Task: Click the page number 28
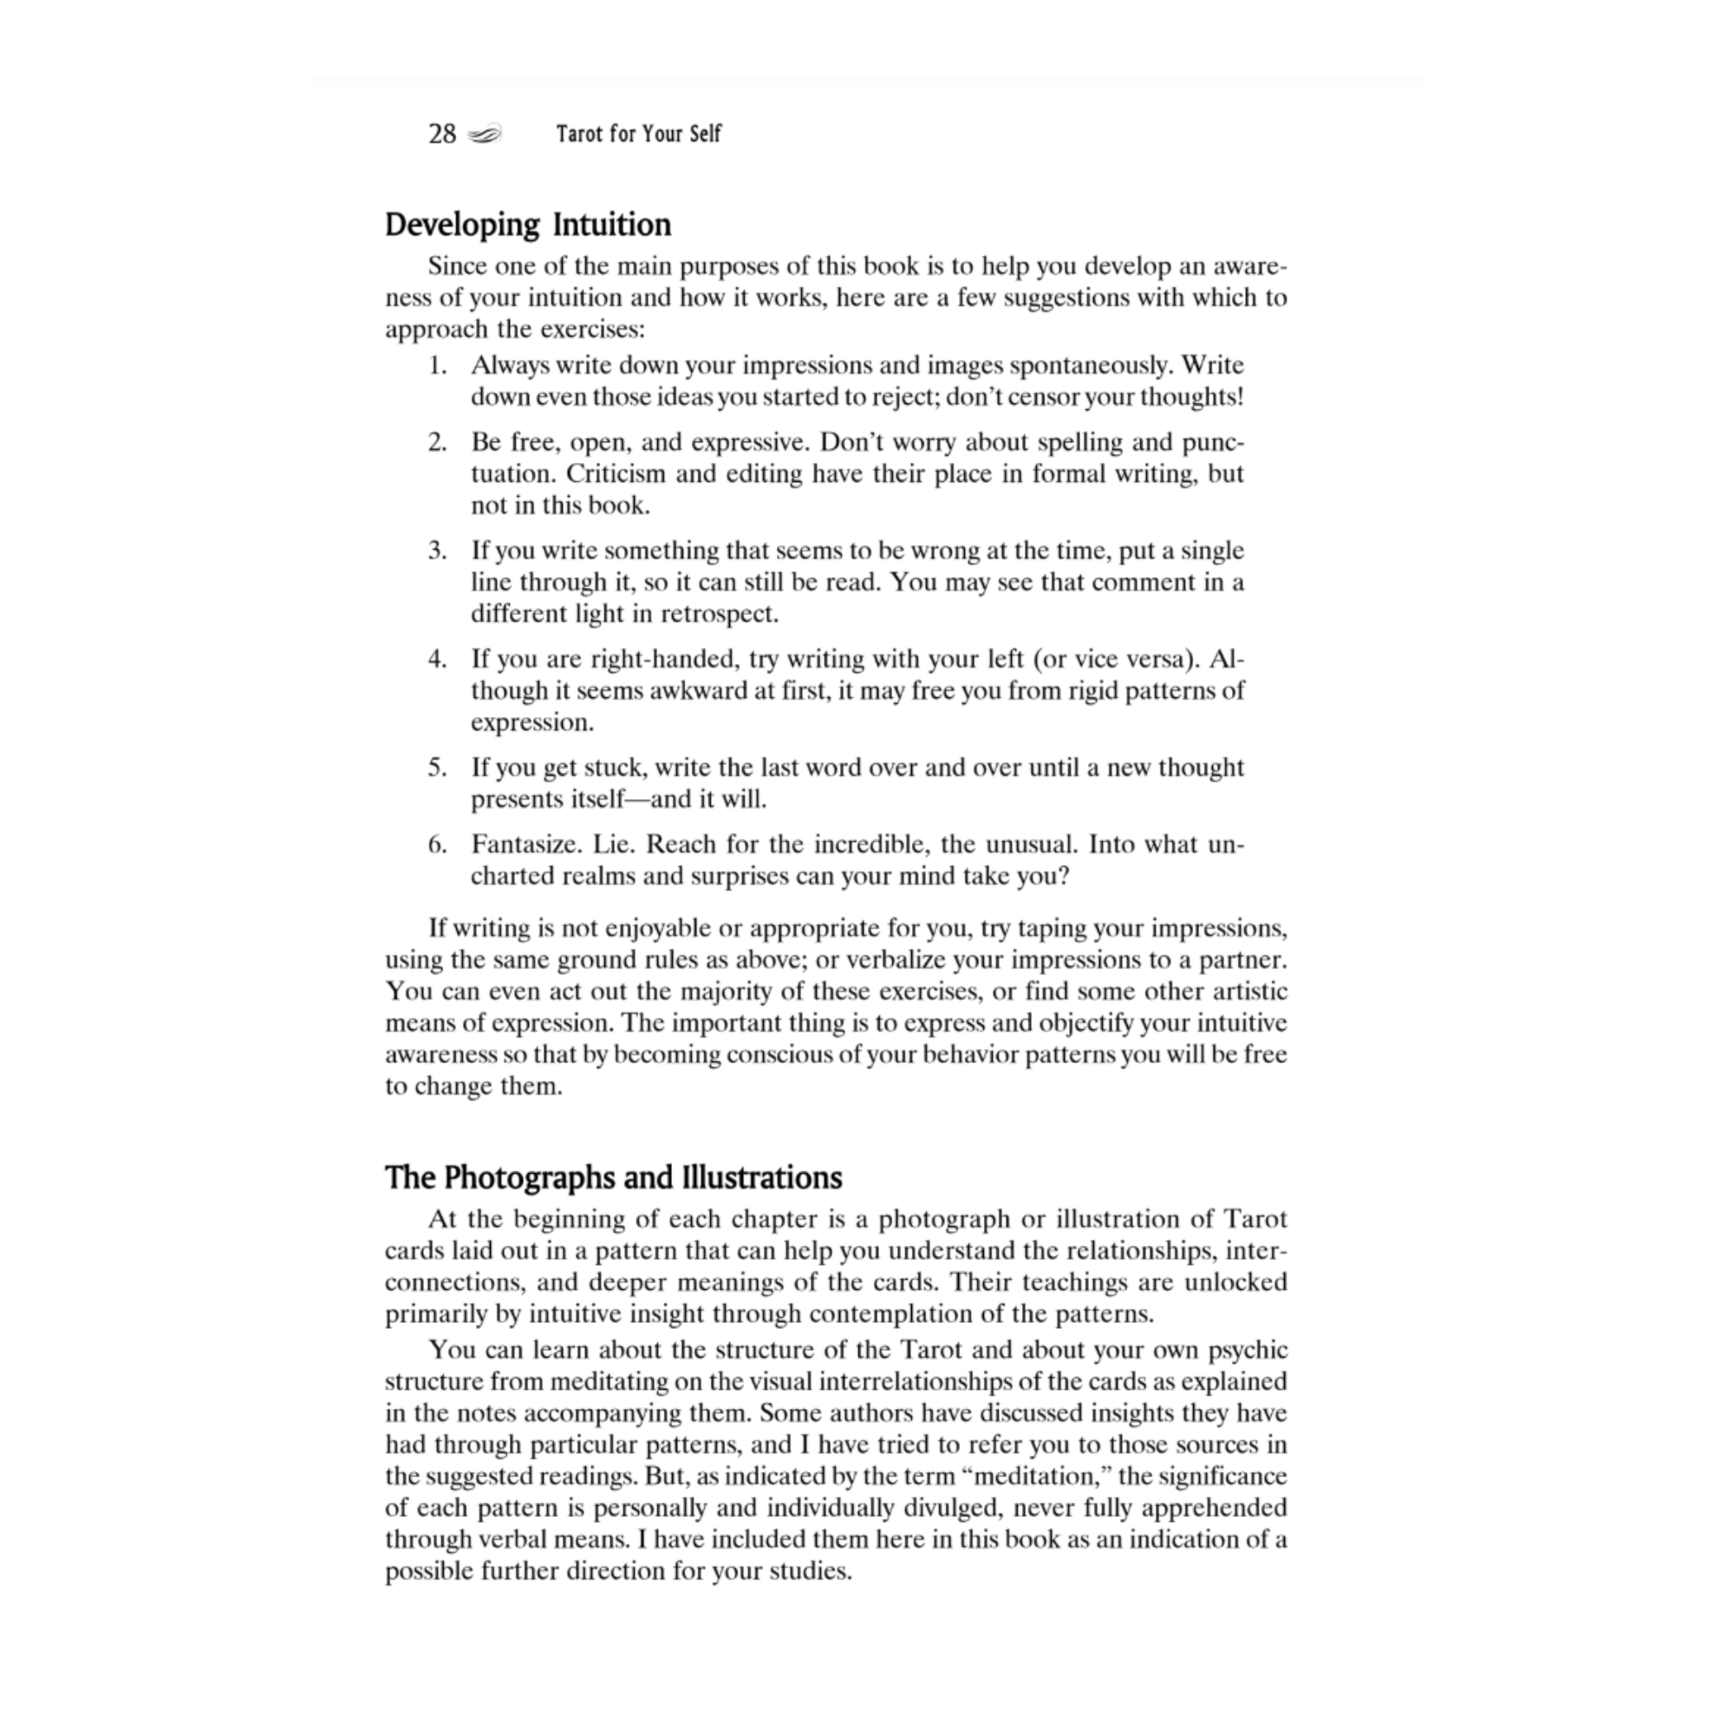pyautogui.click(x=441, y=134)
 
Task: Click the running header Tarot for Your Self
pyautogui.click(x=638, y=134)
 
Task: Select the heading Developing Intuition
pyautogui.click(x=528, y=225)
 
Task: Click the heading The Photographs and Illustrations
pyautogui.click(x=614, y=1177)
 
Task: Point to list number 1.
pyautogui.click(x=437, y=365)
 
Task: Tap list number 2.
pyautogui.click(x=437, y=442)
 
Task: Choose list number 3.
pyautogui.click(x=437, y=551)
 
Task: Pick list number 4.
pyautogui.click(x=437, y=659)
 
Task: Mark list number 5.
pyautogui.click(x=437, y=767)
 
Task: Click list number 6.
pyautogui.click(x=437, y=844)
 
